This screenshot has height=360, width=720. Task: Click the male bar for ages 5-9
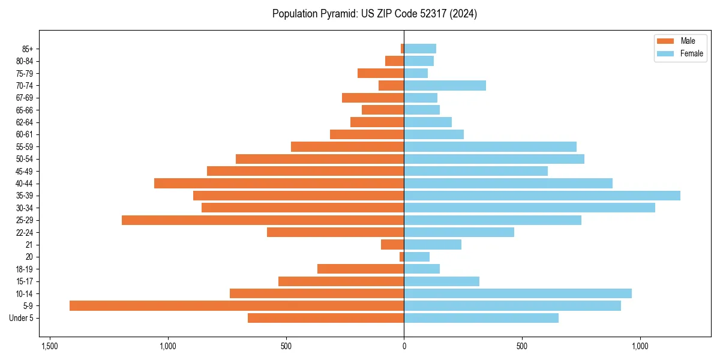(x=236, y=305)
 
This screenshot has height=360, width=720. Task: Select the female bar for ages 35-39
(x=542, y=196)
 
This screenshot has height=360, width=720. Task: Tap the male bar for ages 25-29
(x=263, y=220)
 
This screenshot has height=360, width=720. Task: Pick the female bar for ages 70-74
(x=445, y=85)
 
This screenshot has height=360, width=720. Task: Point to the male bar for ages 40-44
(x=279, y=183)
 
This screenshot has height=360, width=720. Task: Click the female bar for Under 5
(x=481, y=318)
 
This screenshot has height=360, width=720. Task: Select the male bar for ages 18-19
(x=361, y=269)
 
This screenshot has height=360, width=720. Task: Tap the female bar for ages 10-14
(x=518, y=293)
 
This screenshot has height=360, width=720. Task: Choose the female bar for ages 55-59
(x=490, y=146)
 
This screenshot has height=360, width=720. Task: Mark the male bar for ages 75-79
(x=380, y=73)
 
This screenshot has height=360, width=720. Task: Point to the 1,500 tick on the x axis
(x=49, y=346)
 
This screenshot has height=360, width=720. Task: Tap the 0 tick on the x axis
(x=404, y=346)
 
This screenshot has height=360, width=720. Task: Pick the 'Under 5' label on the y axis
(x=22, y=318)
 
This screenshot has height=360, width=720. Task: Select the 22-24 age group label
(x=24, y=232)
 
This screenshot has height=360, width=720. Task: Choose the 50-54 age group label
(x=24, y=159)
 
